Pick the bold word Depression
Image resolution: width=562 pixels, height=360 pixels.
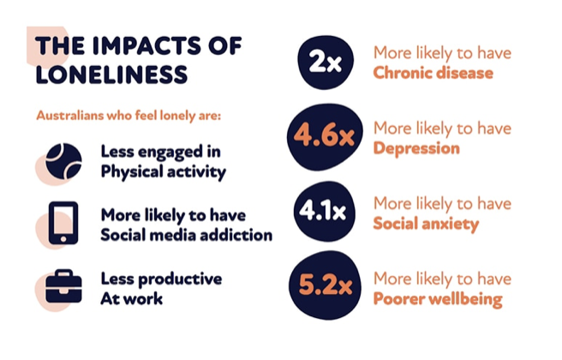coord(416,148)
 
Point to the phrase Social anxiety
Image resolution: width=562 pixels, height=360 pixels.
coord(426,224)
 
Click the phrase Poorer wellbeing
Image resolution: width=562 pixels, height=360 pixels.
coord(437,299)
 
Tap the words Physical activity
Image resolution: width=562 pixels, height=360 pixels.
coord(163,171)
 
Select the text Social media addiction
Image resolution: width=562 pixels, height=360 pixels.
coord(186,234)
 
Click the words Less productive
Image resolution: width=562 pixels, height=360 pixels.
coord(161,279)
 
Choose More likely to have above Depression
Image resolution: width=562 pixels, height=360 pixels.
coord(442,129)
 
